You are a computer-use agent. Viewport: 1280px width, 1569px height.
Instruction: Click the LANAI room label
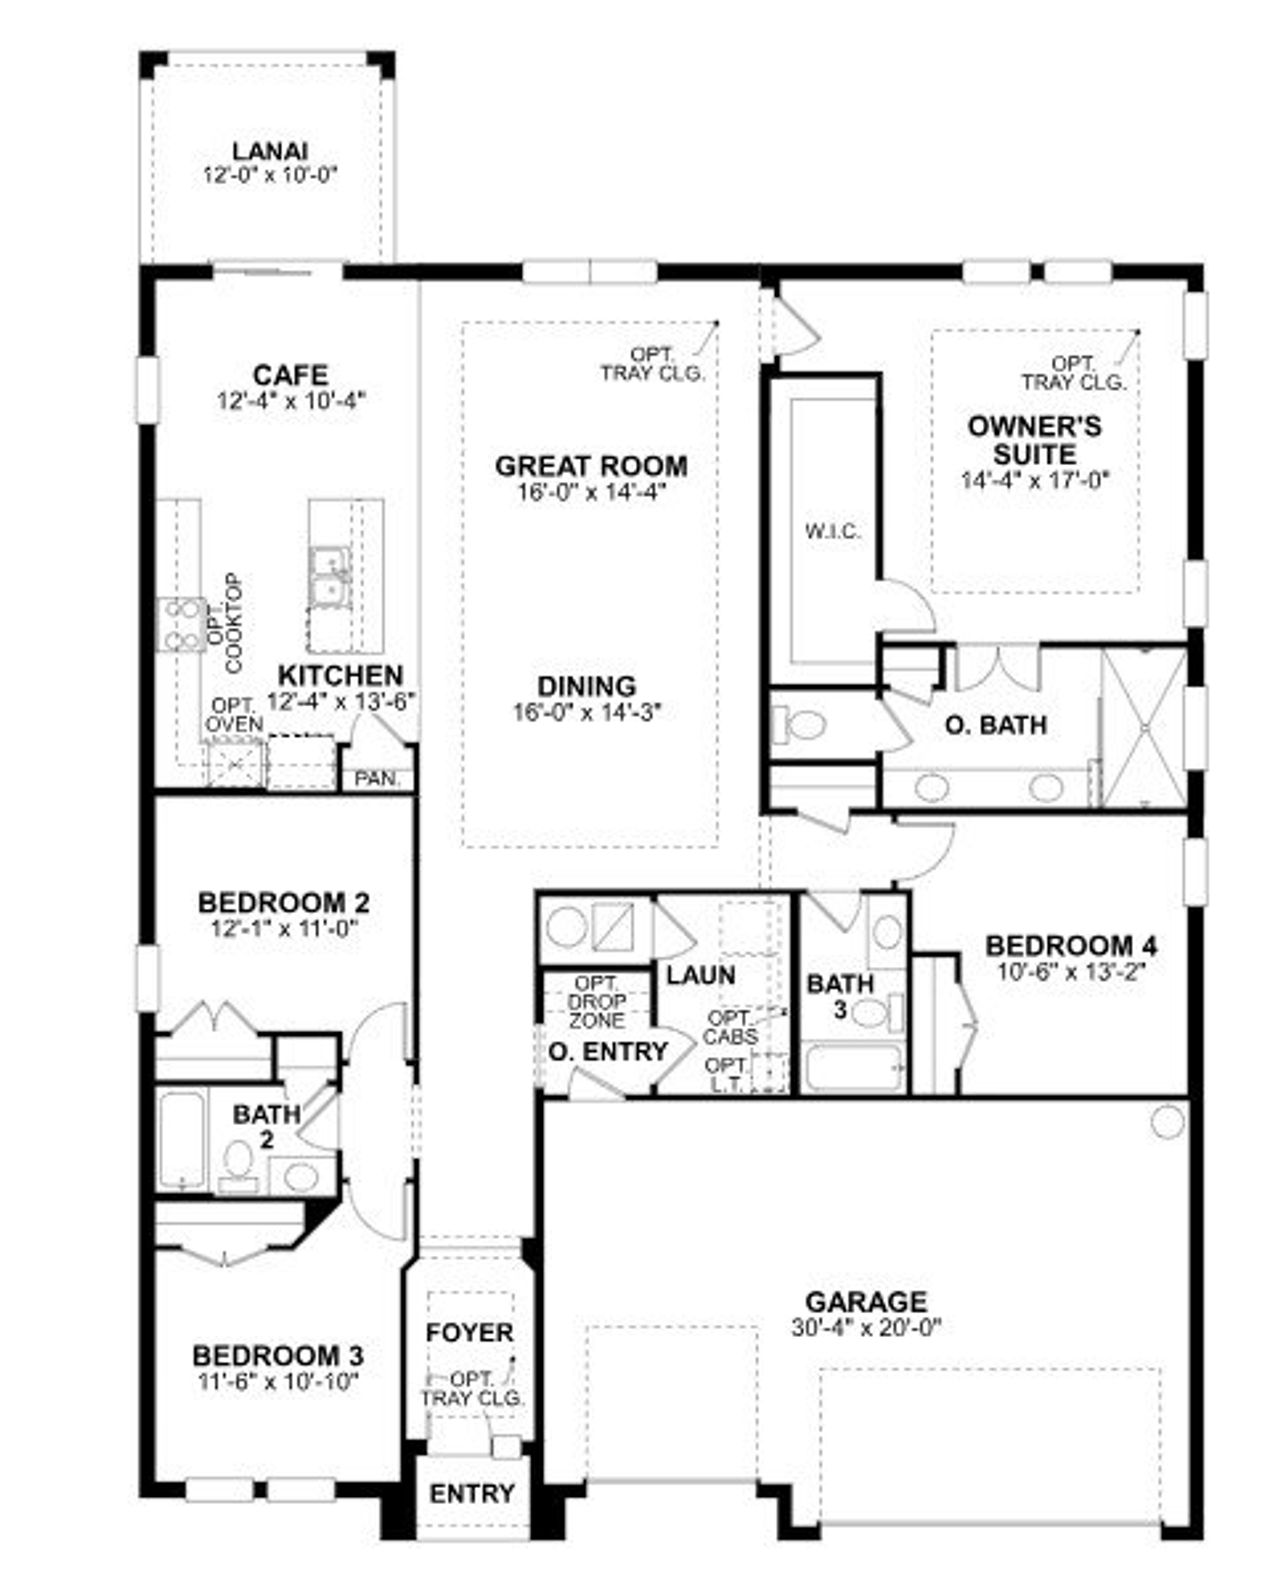(269, 151)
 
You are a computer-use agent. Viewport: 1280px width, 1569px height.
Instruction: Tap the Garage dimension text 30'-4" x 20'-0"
(866, 1327)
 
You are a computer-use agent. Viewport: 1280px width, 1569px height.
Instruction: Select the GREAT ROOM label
(591, 466)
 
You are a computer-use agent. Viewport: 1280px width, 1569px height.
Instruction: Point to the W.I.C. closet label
(832, 531)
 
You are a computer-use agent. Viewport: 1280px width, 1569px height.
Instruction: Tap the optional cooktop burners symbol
(182, 624)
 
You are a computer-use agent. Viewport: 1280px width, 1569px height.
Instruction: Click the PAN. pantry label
(377, 779)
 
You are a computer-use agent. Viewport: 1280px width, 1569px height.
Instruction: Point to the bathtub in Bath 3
(855, 1068)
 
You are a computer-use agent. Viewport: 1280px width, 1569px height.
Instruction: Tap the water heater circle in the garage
(1167, 1121)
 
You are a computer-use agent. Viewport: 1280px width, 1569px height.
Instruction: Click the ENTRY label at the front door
(472, 1493)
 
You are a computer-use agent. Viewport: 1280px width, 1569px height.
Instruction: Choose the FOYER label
(470, 1332)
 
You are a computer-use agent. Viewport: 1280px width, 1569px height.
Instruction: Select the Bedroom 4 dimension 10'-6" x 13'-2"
(1071, 972)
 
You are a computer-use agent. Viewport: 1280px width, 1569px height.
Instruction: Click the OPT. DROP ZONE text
(596, 1002)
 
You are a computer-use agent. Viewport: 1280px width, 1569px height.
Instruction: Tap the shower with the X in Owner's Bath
(1144, 728)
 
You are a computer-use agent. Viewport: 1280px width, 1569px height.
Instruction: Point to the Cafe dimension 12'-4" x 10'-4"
(292, 401)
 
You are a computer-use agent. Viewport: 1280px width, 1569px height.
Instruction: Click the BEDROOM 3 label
(278, 1355)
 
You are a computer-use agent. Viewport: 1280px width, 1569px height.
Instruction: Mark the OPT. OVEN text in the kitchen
(234, 714)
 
